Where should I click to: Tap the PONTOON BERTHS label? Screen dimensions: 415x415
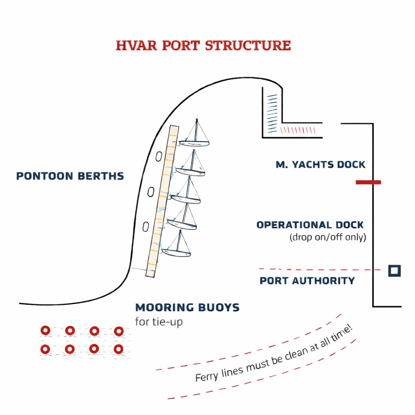pyautogui.click(x=70, y=176)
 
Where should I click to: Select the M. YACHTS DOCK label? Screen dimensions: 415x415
pyautogui.click(x=320, y=165)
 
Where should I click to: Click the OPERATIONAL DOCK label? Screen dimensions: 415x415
pyautogui.click(x=310, y=225)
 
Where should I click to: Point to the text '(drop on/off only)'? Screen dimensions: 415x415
pyautogui.click(x=327, y=237)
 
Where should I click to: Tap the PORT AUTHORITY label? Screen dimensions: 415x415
pyautogui.click(x=307, y=280)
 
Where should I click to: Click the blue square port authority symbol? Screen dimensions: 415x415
pyautogui.click(x=394, y=271)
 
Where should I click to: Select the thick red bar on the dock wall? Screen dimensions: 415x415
pyautogui.click(x=368, y=182)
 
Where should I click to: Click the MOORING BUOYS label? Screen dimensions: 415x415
pyautogui.click(x=187, y=307)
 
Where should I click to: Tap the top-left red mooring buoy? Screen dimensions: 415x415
pyautogui.click(x=45, y=331)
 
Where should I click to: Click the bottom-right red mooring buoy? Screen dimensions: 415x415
pyautogui.click(x=118, y=349)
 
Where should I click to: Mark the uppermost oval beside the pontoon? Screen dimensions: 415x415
pyautogui.click(x=159, y=156)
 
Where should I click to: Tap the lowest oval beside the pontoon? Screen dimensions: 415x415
pyautogui.click(x=145, y=226)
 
